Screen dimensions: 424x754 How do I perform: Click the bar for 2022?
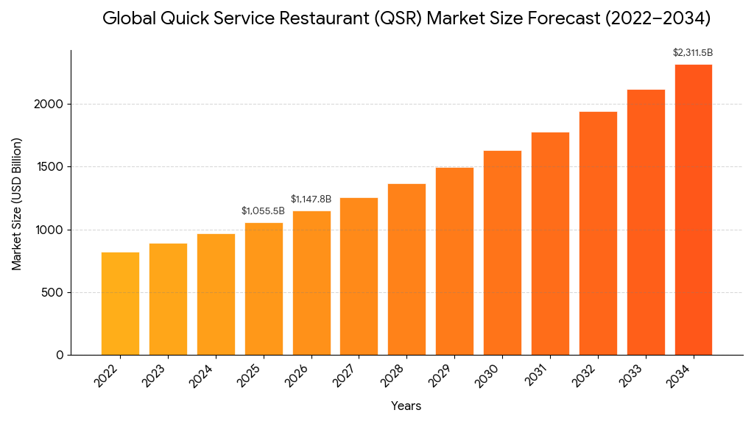[120, 303]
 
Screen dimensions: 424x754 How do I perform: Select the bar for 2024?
[216, 294]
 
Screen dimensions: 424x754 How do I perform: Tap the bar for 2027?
[359, 276]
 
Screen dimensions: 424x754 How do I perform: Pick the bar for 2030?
[502, 252]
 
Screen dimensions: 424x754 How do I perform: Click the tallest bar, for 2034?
[694, 210]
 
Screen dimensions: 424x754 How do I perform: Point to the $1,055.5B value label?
[263, 211]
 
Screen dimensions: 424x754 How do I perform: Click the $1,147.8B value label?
[311, 199]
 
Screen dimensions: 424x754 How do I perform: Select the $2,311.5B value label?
[693, 53]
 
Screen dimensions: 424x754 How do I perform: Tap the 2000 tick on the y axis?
[49, 105]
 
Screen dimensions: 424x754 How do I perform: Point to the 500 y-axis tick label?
[53, 293]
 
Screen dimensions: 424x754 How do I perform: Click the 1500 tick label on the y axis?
[49, 167]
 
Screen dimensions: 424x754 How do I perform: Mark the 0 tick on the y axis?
[60, 356]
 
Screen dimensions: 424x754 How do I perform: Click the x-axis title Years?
[406, 406]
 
